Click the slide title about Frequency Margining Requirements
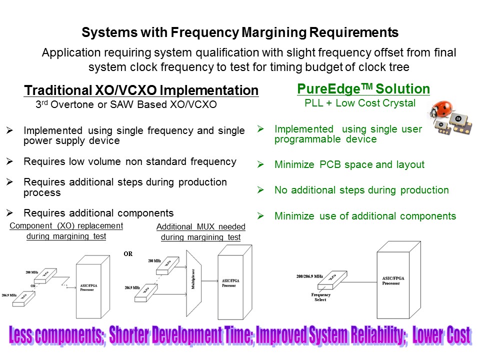click(x=240, y=33)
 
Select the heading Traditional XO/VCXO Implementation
click(x=141, y=90)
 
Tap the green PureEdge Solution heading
click(x=363, y=89)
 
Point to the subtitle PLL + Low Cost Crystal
click(x=360, y=103)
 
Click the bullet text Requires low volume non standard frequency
click(x=129, y=161)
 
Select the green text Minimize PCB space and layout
click(x=349, y=164)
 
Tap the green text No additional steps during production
click(x=361, y=190)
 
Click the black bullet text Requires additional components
click(x=98, y=212)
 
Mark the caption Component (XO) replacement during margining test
click(x=66, y=231)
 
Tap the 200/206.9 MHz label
click(x=309, y=276)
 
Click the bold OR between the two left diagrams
click(x=128, y=253)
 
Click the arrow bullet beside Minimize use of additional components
click(x=260, y=216)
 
